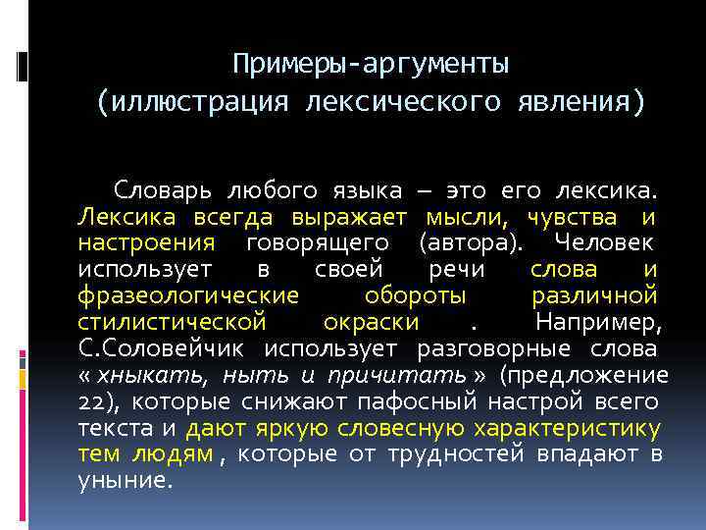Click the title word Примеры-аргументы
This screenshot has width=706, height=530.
(x=371, y=65)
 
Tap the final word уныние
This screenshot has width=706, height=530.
(x=125, y=482)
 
